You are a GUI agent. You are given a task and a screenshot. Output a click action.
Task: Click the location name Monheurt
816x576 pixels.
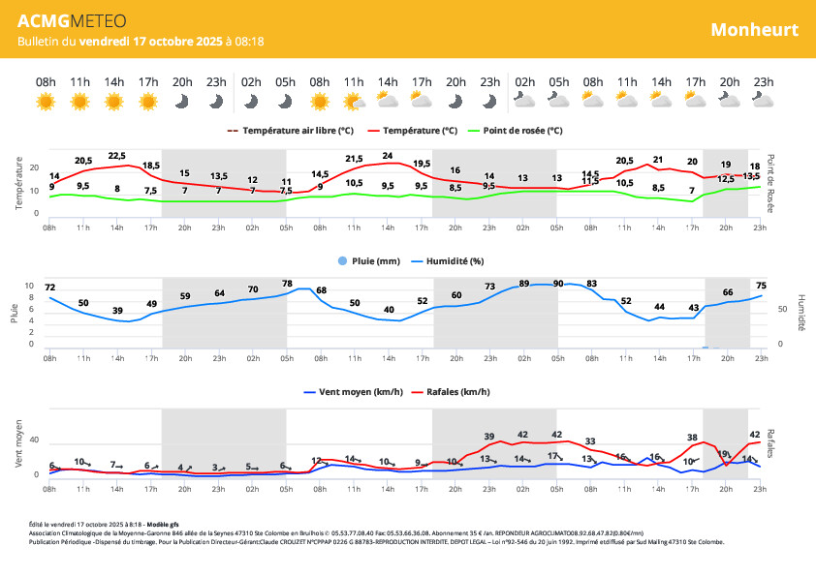click(x=754, y=29)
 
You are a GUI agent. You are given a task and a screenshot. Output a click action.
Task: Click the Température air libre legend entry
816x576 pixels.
click(x=298, y=130)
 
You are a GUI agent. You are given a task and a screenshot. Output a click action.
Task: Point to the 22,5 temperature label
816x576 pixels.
click(x=117, y=155)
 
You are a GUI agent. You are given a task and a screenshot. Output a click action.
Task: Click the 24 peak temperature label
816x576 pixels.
click(x=388, y=155)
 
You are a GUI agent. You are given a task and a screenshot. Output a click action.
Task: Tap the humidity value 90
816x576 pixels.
click(x=557, y=284)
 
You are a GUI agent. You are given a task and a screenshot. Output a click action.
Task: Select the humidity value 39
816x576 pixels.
click(x=117, y=310)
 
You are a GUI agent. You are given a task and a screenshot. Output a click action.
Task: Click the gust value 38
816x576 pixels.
click(x=692, y=438)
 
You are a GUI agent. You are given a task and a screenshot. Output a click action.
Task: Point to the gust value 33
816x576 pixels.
click(x=590, y=441)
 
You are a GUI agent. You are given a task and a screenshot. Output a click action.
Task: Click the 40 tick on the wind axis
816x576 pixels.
click(x=34, y=440)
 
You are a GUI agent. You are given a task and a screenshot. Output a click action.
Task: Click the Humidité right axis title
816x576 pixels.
click(x=800, y=312)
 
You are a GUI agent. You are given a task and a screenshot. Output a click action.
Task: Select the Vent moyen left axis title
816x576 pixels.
click(x=19, y=444)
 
